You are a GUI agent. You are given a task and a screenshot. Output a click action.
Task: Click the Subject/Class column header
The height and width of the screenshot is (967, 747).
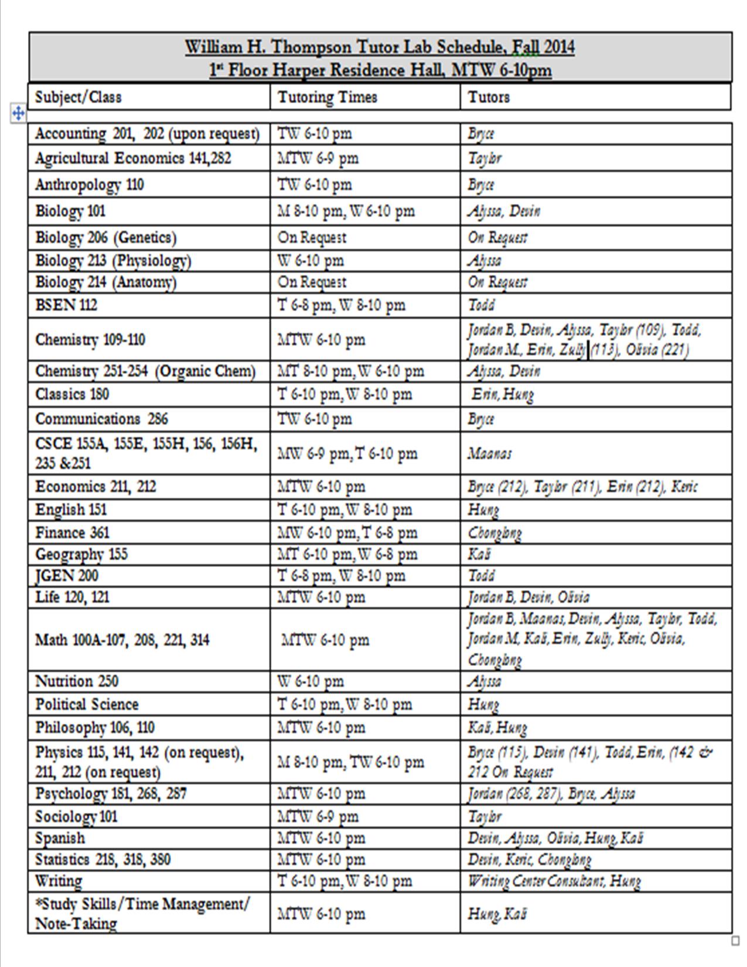point(79,97)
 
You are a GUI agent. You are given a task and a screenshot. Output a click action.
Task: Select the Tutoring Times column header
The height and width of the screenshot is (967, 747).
point(327,97)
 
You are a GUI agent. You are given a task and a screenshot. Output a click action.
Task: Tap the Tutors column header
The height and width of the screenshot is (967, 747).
point(489,97)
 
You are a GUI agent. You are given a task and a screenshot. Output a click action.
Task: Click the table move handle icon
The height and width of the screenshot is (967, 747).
point(18,113)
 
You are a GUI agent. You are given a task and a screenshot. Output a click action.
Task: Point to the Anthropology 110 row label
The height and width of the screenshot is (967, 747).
point(89,185)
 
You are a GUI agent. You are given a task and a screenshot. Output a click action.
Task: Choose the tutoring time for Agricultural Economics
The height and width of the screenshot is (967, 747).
point(318,158)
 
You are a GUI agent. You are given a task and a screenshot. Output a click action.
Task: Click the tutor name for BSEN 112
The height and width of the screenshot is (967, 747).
point(481,305)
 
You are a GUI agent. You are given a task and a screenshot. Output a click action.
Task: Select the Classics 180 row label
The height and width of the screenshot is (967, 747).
point(72,394)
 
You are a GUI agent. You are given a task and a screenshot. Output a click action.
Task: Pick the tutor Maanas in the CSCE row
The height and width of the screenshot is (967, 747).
point(489,453)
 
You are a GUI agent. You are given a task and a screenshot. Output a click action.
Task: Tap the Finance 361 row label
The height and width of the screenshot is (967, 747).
point(72,533)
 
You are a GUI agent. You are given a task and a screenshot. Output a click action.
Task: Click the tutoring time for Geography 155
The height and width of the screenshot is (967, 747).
point(347,554)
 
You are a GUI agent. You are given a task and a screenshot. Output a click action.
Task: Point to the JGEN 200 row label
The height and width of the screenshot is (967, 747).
point(67,576)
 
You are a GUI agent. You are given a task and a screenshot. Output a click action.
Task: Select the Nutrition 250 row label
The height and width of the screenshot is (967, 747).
point(77,681)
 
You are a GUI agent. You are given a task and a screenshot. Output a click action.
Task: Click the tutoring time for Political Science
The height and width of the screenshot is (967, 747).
point(344,704)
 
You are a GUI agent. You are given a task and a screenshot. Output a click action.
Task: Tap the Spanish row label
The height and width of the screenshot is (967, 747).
point(60,838)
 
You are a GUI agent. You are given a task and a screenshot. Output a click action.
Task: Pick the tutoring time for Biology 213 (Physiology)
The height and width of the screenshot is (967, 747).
point(311,260)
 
